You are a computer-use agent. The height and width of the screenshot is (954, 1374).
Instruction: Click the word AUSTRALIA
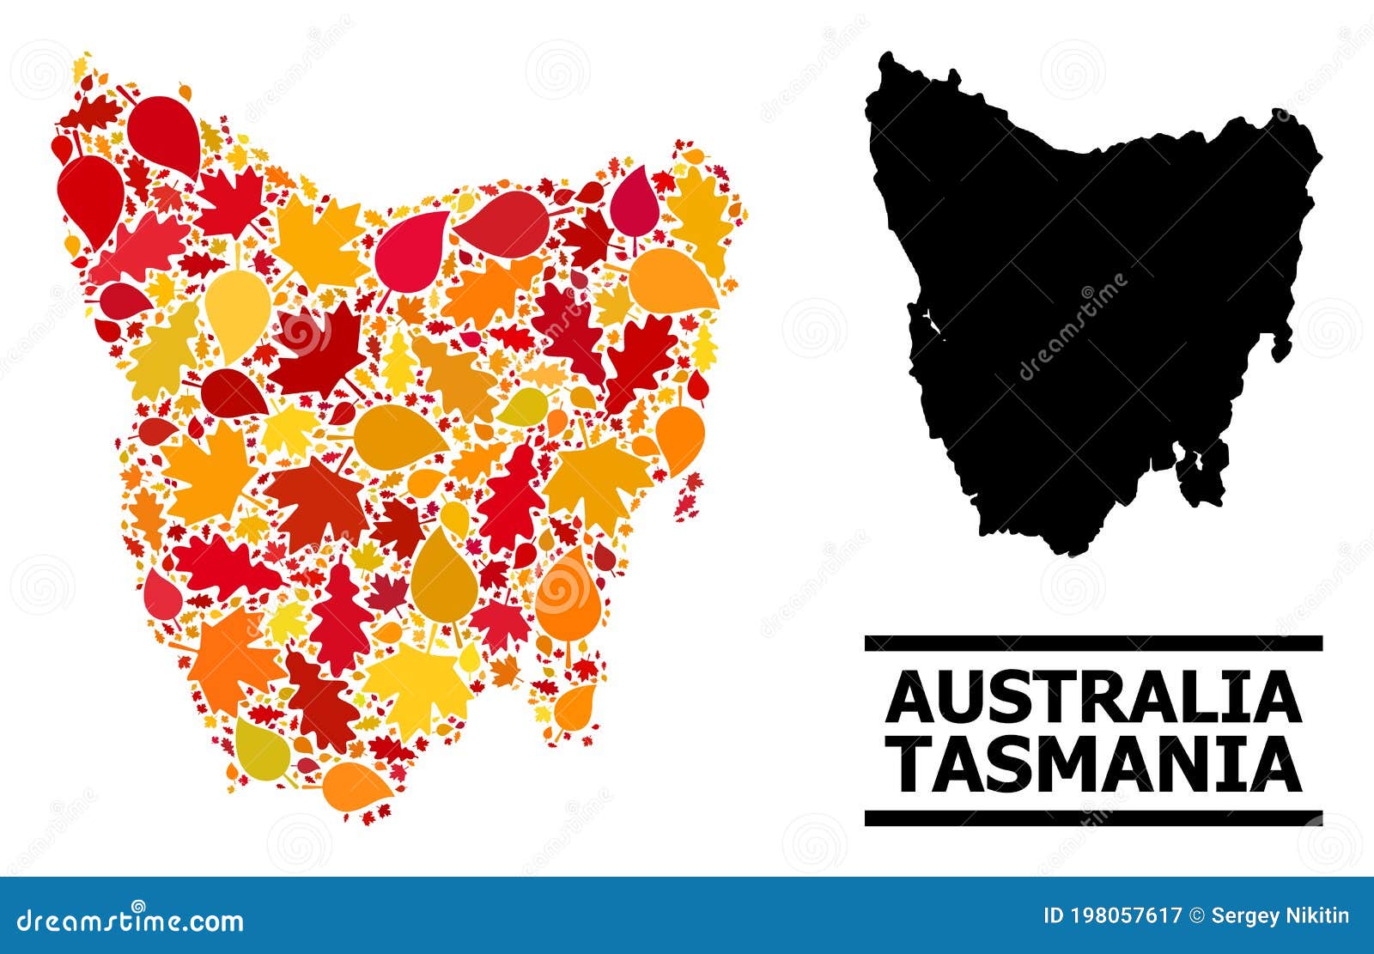[1093, 699]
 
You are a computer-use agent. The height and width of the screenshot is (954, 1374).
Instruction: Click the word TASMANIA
[1093, 767]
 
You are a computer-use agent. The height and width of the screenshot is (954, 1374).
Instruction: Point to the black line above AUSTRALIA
[1093, 642]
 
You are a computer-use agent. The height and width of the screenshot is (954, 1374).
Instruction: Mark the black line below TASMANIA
[1093, 817]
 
